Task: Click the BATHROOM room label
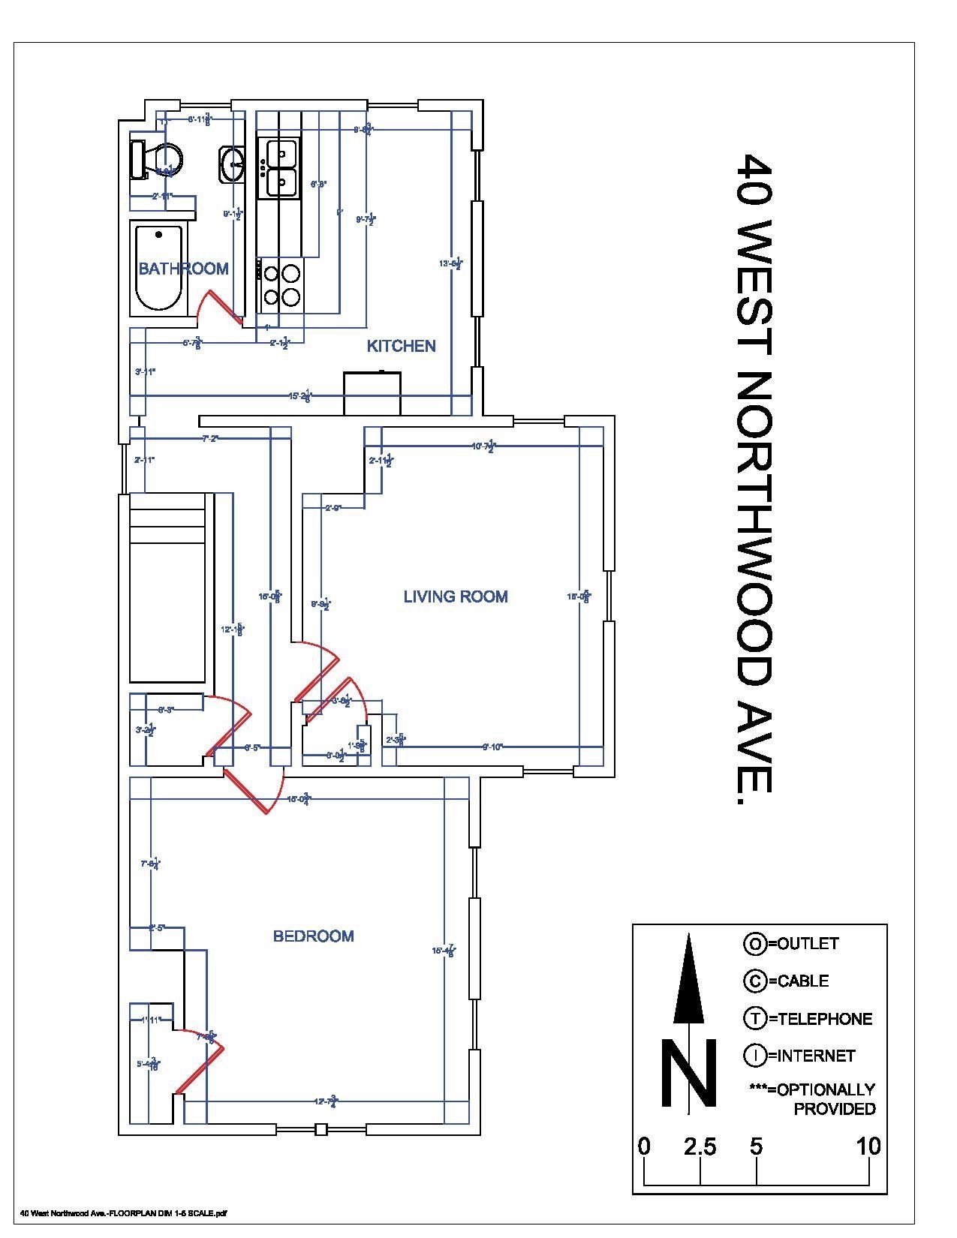point(183,269)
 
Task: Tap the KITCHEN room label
point(401,346)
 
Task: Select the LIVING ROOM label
point(456,596)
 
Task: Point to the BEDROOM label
point(313,936)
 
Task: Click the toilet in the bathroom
point(158,160)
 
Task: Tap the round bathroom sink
point(232,164)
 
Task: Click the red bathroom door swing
point(218,308)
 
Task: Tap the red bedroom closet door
point(199,1065)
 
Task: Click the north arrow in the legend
point(689,983)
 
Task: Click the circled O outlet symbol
point(754,944)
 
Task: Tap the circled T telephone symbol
point(754,1018)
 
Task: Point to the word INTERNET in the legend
point(816,1056)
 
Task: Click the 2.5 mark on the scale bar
point(700,1146)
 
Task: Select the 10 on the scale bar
point(868,1146)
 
